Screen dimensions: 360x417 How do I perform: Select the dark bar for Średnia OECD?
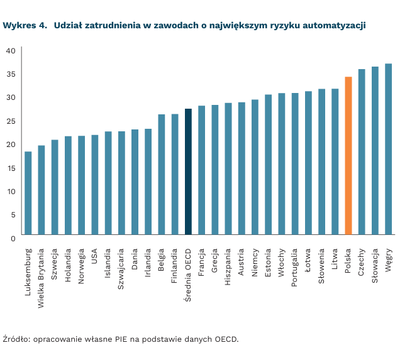point(188,172)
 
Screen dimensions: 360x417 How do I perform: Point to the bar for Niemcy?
point(255,168)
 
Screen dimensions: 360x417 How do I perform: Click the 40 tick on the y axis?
point(11,50)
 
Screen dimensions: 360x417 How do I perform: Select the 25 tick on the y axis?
point(11,121)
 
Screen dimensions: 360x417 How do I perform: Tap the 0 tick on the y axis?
point(13,237)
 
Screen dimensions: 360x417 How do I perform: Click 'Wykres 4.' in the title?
point(25,26)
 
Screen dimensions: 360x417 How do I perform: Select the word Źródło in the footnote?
point(16,339)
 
